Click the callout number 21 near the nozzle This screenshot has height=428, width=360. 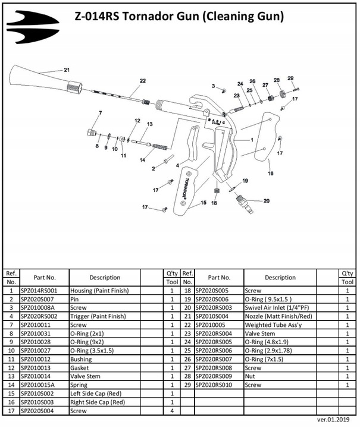(67, 70)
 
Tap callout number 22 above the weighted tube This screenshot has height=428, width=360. (143, 80)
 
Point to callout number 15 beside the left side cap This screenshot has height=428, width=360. (203, 203)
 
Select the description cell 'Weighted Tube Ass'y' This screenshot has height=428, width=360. (271, 325)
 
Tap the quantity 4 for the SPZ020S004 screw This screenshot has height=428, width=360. (172, 410)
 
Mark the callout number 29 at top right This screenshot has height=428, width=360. (290, 78)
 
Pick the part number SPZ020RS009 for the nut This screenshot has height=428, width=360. (214, 376)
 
